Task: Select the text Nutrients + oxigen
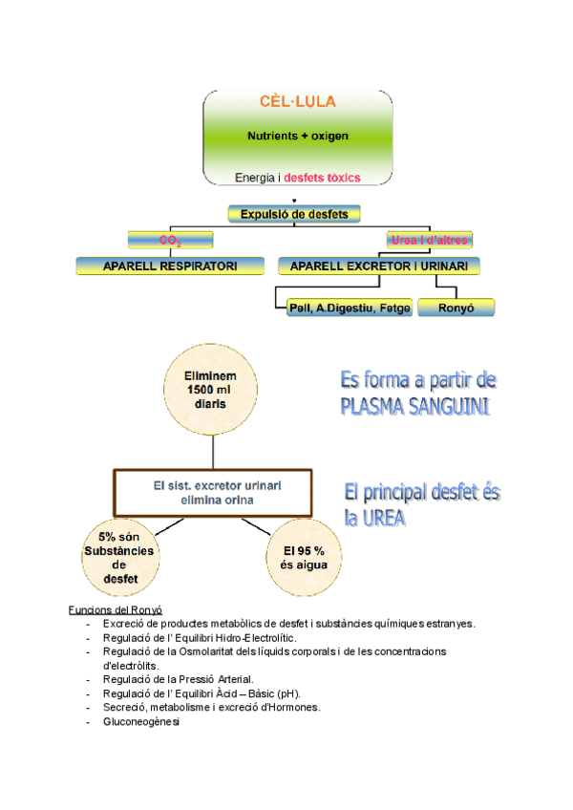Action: coord(298,136)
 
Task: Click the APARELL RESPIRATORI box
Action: coord(171,266)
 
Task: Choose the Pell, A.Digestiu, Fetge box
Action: coord(350,308)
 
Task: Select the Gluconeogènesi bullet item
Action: coord(141,722)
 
